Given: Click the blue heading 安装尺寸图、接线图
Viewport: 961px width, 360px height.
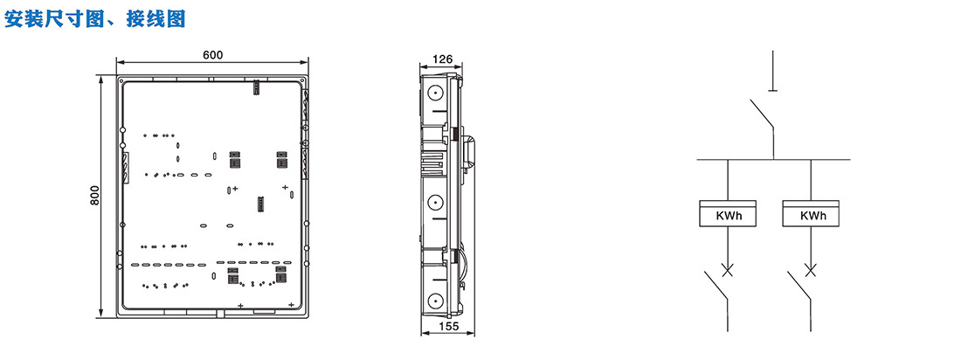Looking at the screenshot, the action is pyautogui.click(x=95, y=19).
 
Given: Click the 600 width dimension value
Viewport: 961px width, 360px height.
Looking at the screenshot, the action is pyautogui.click(x=212, y=55).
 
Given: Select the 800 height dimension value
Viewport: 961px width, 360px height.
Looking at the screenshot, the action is pyautogui.click(x=95, y=196).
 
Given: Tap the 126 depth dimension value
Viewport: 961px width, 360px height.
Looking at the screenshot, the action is pyautogui.click(x=443, y=59).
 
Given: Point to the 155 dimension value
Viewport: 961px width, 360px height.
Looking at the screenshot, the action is pyautogui.click(x=449, y=327).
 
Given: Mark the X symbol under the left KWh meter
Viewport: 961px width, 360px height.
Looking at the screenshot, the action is pyautogui.click(x=728, y=270).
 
